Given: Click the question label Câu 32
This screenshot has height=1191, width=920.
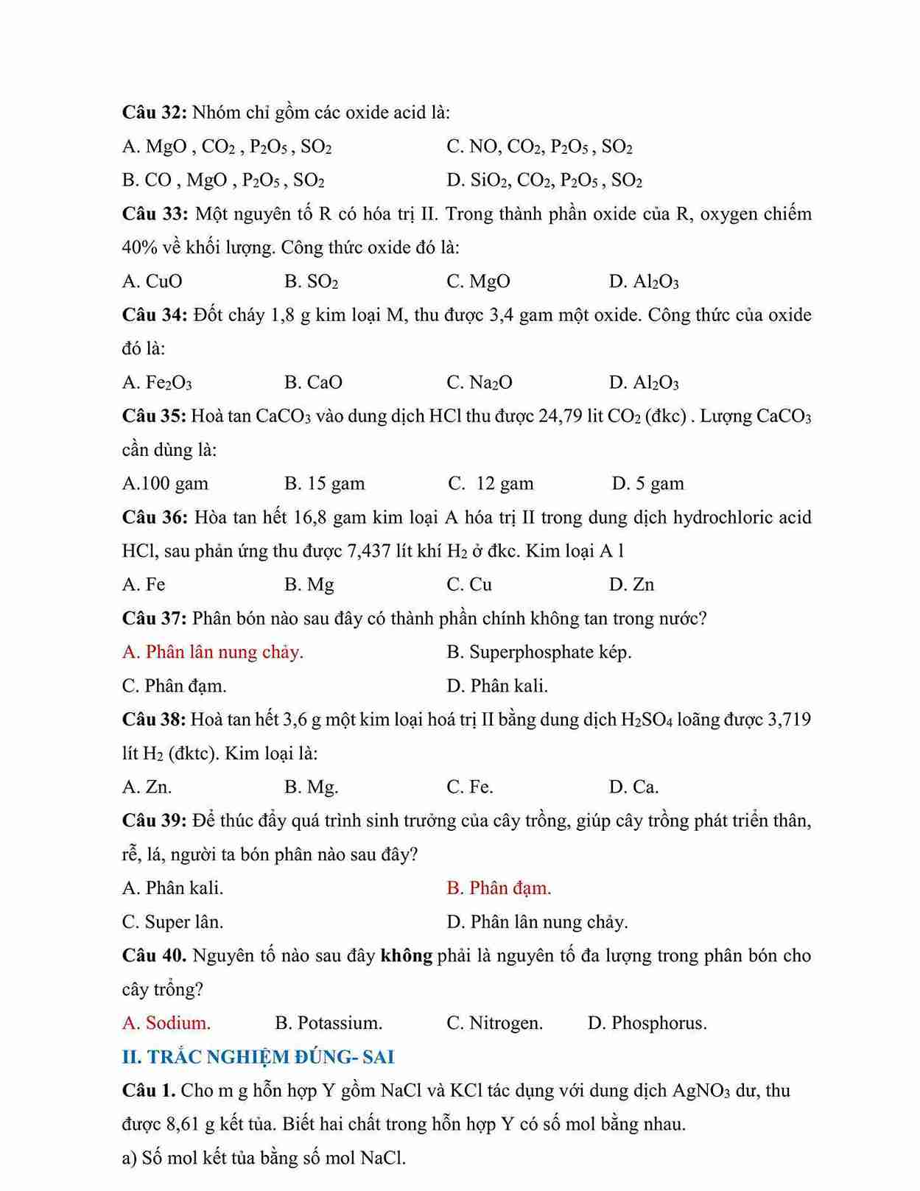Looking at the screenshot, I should click(154, 113).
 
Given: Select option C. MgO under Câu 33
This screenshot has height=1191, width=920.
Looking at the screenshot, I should click(478, 281).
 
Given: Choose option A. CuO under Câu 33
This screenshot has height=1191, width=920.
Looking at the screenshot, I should click(152, 281).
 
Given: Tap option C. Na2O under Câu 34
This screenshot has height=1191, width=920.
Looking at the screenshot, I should click(480, 383).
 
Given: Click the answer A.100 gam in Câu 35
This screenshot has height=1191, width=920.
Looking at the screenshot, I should click(165, 484).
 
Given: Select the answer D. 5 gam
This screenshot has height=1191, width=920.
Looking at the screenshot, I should click(647, 484).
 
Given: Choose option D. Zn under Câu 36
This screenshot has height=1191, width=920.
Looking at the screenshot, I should click(631, 585).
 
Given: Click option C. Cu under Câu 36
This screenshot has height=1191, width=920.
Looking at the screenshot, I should click(469, 585).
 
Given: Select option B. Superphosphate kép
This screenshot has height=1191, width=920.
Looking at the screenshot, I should click(538, 653).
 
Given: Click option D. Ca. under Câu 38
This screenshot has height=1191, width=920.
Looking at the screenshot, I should click(633, 787).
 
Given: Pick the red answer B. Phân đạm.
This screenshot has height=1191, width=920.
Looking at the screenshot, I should click(499, 888).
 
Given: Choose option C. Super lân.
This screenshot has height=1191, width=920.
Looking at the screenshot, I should click(172, 922).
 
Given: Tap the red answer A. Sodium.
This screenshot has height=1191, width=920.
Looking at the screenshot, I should click(166, 1023).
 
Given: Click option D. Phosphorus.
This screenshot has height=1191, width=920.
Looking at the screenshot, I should click(647, 1023).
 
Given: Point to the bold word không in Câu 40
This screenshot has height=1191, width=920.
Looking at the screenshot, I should click(406, 956).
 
